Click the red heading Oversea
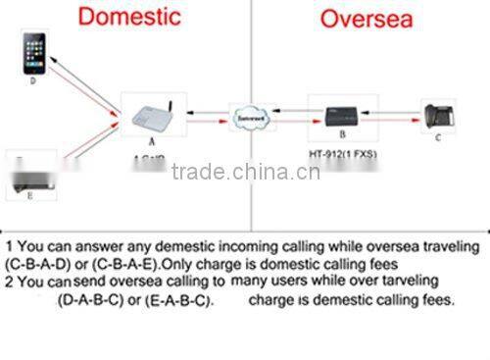click(369, 20)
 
